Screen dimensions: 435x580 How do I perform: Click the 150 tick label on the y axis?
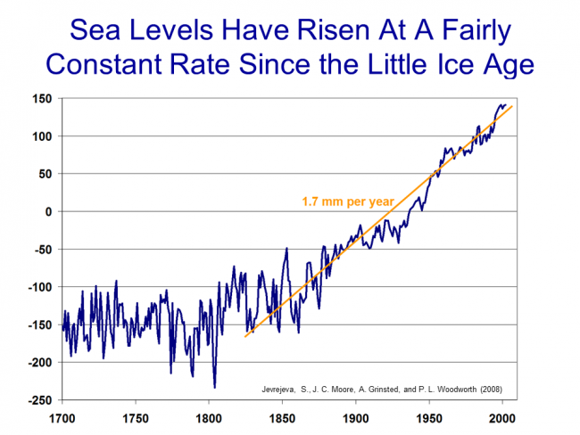[x=42, y=99]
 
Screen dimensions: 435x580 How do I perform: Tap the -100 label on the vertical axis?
[x=39, y=287]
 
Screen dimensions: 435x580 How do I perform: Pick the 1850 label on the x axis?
[x=282, y=417]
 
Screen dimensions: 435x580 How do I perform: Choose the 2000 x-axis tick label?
[x=501, y=417]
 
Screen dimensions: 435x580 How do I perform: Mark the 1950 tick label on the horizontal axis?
[x=428, y=417]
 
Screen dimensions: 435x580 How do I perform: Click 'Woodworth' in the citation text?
[x=455, y=390]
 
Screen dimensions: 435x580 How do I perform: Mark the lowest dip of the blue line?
[x=214, y=387]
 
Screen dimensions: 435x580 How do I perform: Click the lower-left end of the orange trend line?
[x=245, y=337]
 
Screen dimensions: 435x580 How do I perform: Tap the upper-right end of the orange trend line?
[x=512, y=106]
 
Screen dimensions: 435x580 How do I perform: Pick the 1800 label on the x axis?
[x=209, y=417]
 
